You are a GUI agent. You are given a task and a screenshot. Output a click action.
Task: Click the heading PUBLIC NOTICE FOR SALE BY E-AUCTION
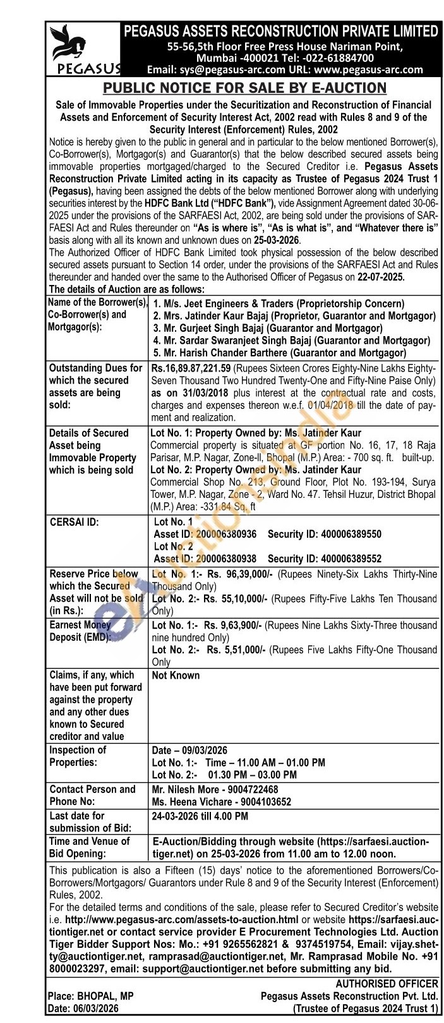tap(244, 88)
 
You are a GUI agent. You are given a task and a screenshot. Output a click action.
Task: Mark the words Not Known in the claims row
tap(176, 675)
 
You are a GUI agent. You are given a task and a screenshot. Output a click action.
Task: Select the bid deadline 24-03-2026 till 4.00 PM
tap(200, 816)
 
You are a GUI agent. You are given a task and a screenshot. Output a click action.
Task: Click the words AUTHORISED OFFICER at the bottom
tap(387, 983)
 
